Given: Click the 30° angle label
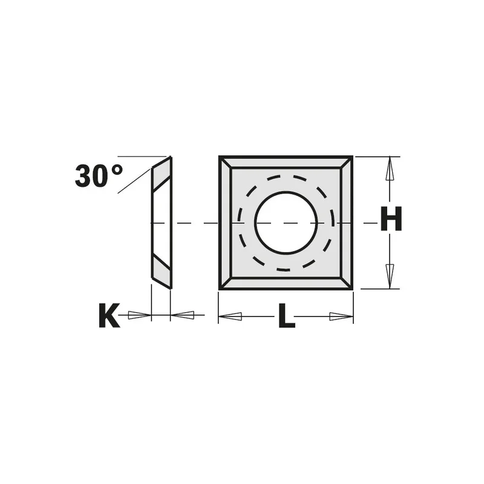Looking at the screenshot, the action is [99, 175].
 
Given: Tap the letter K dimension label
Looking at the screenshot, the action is [110, 315].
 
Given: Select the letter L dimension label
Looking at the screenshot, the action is [286, 315].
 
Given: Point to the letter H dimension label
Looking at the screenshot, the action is [391, 218].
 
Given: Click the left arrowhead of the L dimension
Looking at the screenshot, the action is [230, 316].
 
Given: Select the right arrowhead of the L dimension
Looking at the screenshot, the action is [341, 316].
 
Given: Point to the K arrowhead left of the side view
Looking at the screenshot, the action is [140, 315].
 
